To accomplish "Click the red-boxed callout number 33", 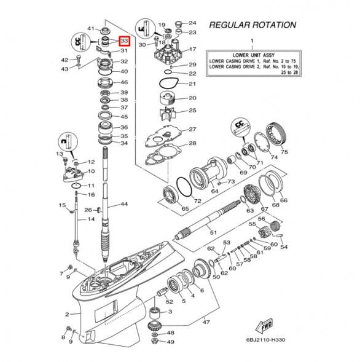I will [124, 41].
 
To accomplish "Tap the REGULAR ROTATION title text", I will [252, 26].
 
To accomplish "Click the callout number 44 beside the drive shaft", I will [123, 204].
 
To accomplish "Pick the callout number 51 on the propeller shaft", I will [213, 233].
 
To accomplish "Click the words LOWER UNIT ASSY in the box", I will [252, 55].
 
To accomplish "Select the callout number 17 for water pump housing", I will [192, 49].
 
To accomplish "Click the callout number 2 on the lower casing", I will [68, 314].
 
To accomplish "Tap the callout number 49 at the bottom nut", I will [171, 342].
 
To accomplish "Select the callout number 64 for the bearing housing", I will [214, 191].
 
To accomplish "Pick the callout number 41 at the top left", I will [90, 29].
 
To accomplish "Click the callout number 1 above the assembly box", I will [251, 41].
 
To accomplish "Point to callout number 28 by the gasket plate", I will [192, 143].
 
